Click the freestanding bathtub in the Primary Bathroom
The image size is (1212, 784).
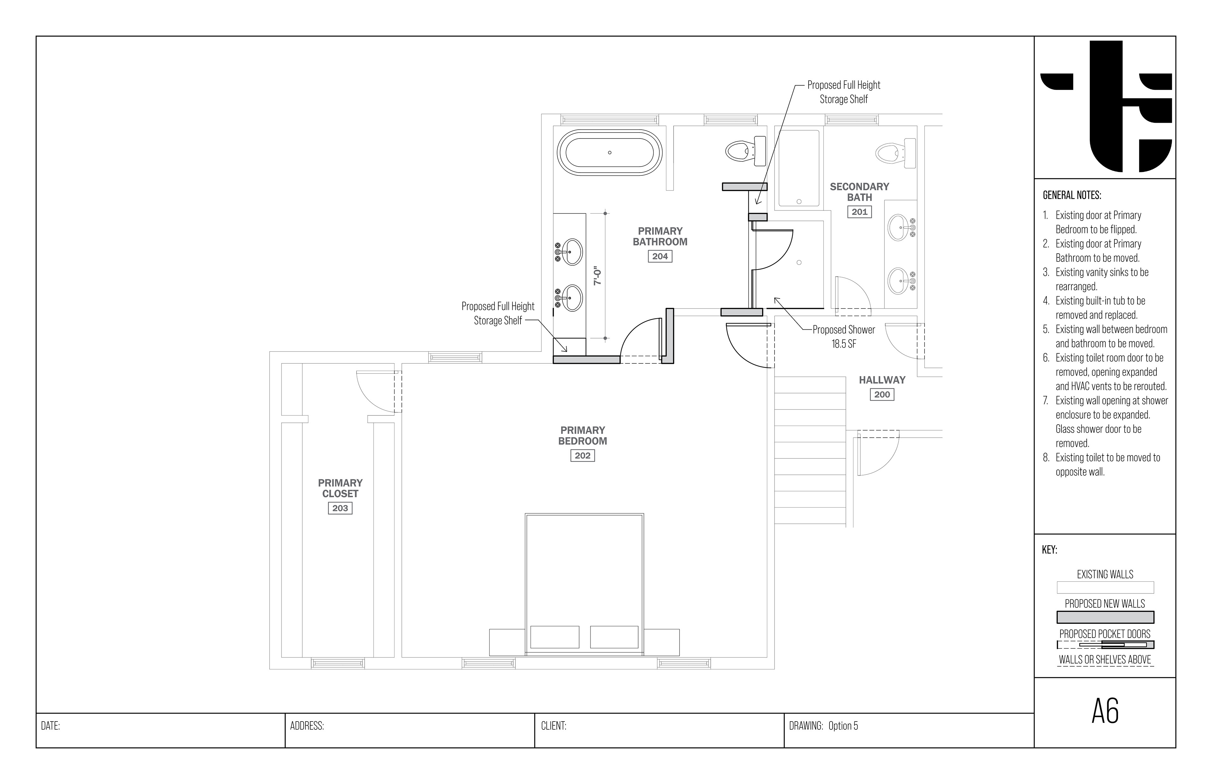point(609,153)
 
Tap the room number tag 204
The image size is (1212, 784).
point(660,256)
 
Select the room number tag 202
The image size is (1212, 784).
point(583,456)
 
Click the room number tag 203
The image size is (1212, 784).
point(340,508)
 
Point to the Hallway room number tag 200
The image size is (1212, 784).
point(882,395)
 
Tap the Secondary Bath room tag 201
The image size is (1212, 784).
point(859,212)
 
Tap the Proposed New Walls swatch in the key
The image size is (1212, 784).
point(1105,617)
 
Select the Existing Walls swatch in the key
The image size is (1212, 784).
point(1105,587)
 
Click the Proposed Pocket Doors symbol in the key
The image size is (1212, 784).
point(1105,645)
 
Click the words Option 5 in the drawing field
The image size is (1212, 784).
point(843,726)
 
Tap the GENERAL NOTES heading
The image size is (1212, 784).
point(1072,195)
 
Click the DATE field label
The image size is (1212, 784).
point(50,726)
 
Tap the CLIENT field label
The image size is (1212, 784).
point(554,726)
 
